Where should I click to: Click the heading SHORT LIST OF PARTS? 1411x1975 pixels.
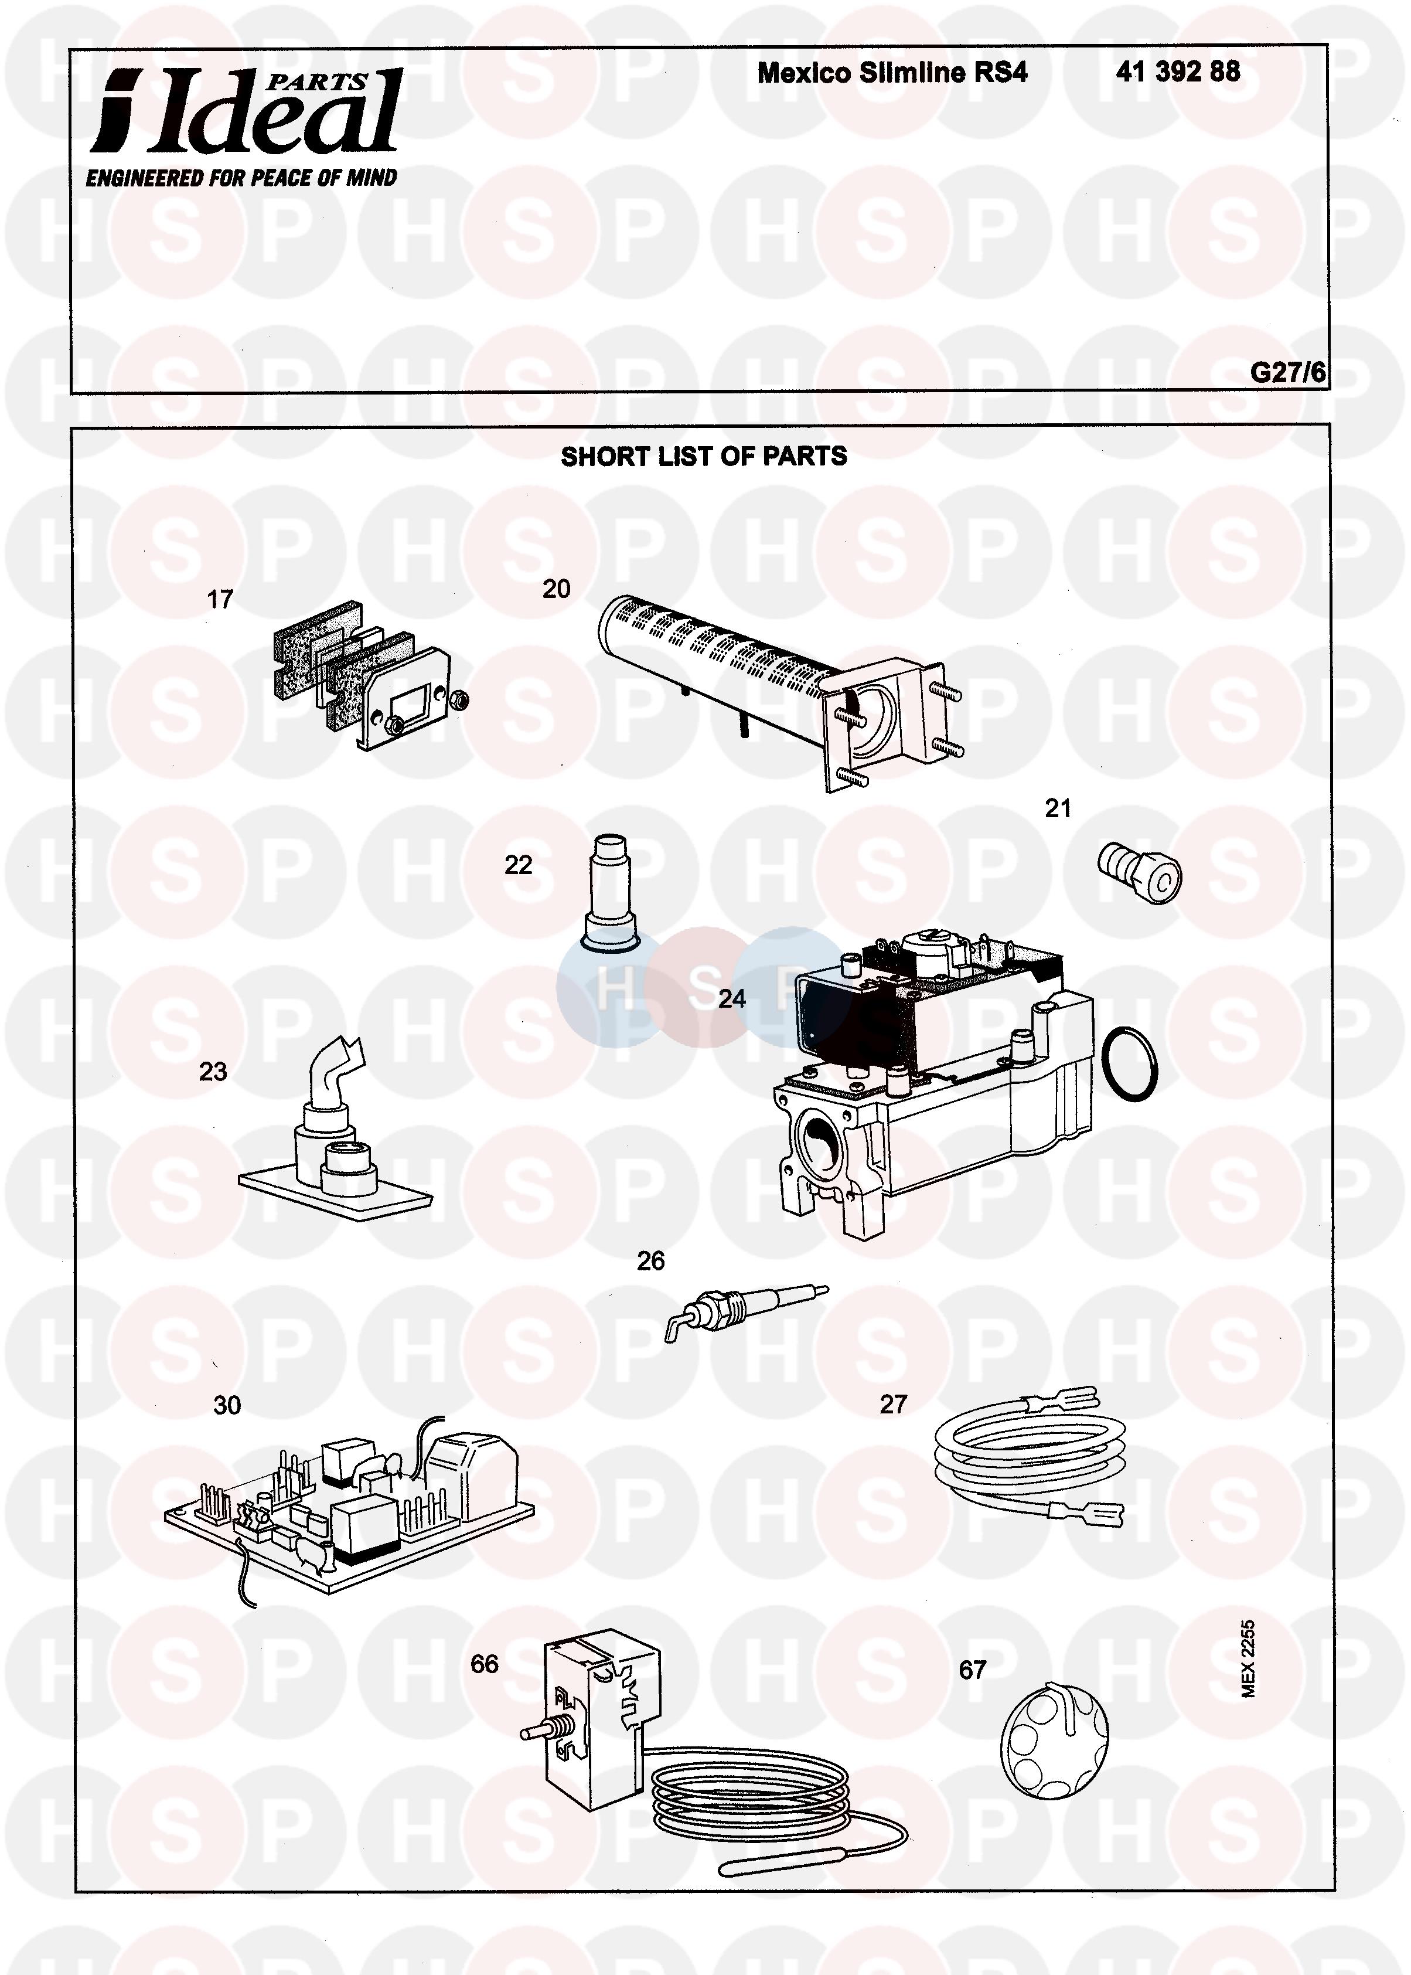pos(704,456)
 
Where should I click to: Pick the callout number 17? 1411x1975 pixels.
pos(220,599)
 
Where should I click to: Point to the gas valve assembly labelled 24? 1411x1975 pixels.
pos(934,1082)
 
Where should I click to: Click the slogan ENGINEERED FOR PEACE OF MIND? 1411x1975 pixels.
pos(241,178)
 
